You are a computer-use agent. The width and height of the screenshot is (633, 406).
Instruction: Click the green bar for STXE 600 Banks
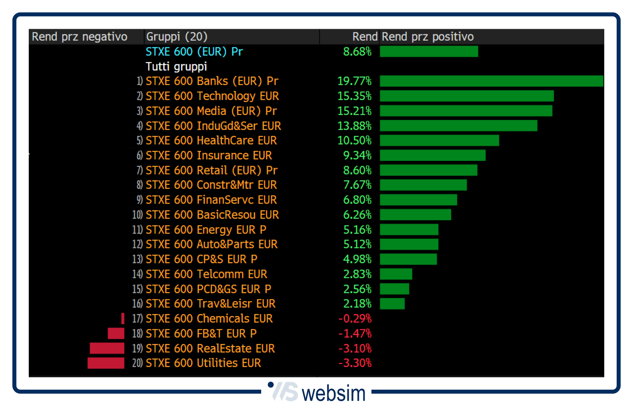point(491,81)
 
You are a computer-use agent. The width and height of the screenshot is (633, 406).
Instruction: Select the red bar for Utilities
point(106,363)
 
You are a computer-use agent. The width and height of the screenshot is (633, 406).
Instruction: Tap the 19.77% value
point(354,81)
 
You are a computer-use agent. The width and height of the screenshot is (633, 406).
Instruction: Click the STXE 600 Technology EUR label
point(212,96)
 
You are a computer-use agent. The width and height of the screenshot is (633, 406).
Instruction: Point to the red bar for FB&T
point(116,333)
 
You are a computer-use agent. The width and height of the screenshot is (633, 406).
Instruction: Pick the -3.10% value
point(355,349)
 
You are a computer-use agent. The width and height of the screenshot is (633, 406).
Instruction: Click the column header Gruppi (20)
point(177,37)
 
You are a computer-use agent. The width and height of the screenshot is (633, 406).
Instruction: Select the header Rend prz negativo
point(79,37)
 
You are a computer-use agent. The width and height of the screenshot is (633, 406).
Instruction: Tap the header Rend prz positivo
point(428,37)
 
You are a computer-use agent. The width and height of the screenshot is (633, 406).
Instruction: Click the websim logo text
point(333,394)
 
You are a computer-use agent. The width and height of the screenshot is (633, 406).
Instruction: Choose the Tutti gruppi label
point(176,67)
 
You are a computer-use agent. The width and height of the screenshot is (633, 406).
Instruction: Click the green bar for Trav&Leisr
point(392,304)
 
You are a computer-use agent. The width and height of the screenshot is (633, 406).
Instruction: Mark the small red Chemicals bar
point(123,319)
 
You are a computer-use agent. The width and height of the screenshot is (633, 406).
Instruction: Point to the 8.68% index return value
point(357,51)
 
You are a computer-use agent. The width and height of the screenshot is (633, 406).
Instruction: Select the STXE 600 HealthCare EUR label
point(211,141)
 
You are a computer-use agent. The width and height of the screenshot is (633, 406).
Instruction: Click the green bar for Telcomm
point(396,274)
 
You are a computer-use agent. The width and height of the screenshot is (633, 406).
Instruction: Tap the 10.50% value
point(354,141)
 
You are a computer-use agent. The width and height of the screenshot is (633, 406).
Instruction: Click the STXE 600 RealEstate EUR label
point(210,349)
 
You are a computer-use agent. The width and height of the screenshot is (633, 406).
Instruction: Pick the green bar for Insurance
point(433,155)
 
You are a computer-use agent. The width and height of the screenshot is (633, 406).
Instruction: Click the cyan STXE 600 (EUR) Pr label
point(194,51)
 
